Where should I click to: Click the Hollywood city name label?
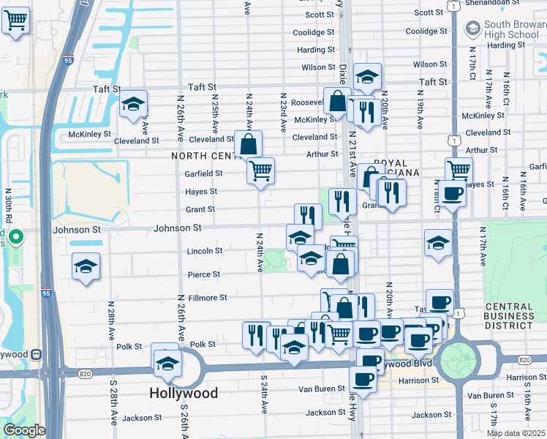pyautogui.click(x=184, y=393)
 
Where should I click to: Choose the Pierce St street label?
pyautogui.click(x=205, y=274)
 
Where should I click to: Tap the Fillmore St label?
pyautogui.click(x=208, y=298)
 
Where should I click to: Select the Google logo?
pyautogui.click(x=23, y=430)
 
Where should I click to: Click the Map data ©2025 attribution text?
pyautogui.click(x=516, y=433)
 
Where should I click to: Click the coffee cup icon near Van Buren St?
pyautogui.click(x=363, y=379)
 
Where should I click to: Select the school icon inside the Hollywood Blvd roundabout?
pyautogui.click(x=167, y=363)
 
